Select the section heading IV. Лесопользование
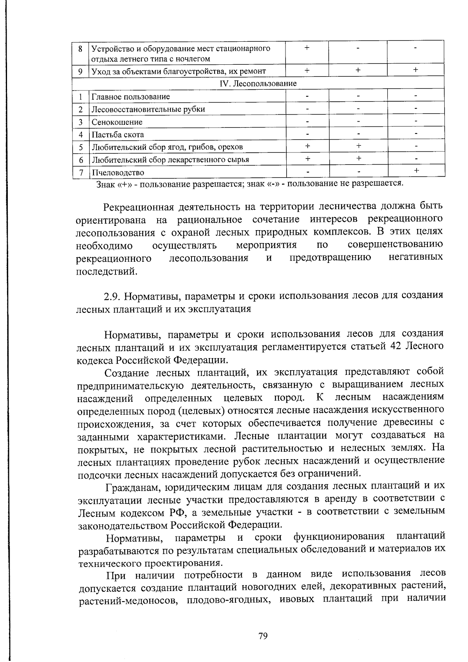259,83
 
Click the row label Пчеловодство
118,172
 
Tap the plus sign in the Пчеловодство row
417,170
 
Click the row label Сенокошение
117,122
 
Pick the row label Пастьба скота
118,135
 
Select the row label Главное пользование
131,97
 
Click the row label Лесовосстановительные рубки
148,109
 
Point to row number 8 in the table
80,49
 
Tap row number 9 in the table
80,71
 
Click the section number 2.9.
112,296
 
